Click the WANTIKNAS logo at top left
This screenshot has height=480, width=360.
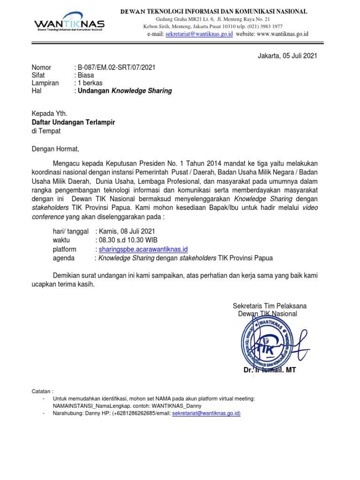69,23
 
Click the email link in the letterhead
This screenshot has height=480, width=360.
199,34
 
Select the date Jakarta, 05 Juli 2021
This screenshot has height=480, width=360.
287,56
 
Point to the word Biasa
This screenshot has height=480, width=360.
85,75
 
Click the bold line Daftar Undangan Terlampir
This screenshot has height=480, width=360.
73,122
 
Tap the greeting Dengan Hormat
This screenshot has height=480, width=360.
56,150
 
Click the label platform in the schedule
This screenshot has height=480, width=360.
65,249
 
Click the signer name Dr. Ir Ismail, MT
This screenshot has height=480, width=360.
270,370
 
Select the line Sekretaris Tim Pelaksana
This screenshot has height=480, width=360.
270,306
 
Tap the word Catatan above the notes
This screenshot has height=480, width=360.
43,390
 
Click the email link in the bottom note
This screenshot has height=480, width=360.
206,413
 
